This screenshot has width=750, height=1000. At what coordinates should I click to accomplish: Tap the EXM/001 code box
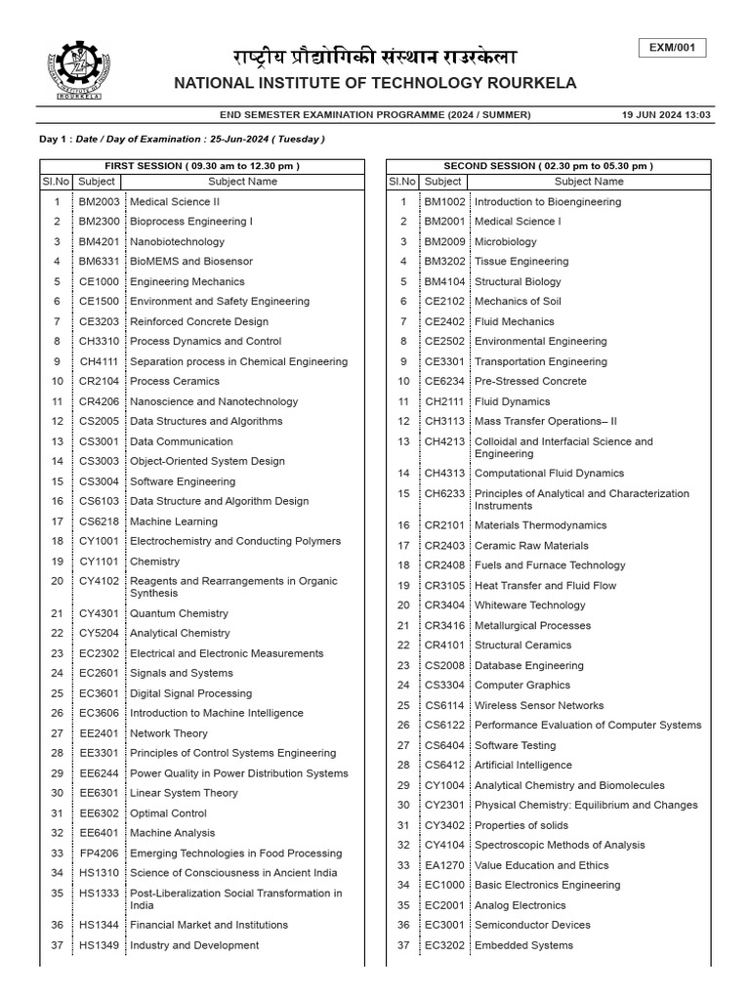click(x=672, y=49)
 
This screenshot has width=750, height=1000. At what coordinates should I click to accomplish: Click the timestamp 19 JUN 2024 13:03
click(x=666, y=114)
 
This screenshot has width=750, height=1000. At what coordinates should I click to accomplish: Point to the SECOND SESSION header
click(x=548, y=166)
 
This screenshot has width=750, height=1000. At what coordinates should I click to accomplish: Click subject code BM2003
click(x=99, y=201)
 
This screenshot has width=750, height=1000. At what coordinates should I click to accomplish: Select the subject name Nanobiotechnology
click(x=177, y=241)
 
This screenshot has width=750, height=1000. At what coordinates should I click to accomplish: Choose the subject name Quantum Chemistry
click(x=180, y=613)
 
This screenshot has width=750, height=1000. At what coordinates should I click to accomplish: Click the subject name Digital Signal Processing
click(x=190, y=693)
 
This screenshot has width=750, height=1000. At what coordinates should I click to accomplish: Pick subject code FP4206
click(x=99, y=853)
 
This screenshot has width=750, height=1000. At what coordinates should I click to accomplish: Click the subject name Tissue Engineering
click(x=521, y=261)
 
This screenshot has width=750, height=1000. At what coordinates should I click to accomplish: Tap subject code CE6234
click(x=443, y=381)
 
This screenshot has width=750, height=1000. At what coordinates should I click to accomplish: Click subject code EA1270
click(x=443, y=865)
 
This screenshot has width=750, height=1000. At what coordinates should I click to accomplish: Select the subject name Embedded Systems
click(x=523, y=945)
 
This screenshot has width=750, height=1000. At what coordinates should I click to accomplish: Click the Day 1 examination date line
click(x=182, y=139)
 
